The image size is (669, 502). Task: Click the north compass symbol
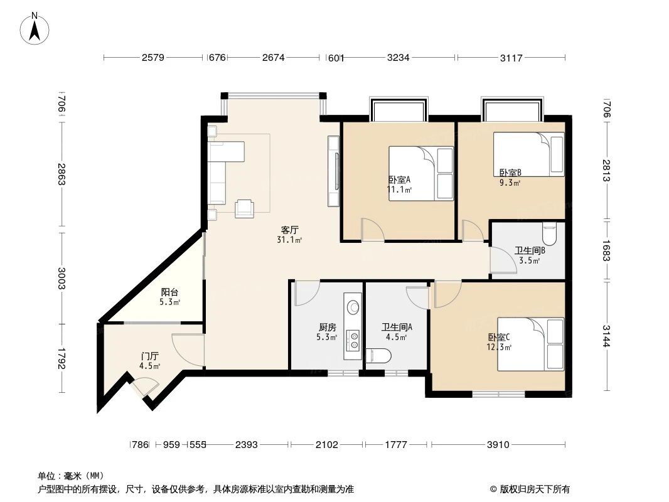point(36,28)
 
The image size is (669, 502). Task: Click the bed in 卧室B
point(528,154)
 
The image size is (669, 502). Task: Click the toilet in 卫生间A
point(378,356)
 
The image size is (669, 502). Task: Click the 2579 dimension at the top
point(153,58)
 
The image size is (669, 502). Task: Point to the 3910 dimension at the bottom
point(498,445)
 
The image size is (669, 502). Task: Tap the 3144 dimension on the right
point(607,336)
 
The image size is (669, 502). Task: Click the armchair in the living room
point(244,208)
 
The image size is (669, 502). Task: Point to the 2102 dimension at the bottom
point(326,445)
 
